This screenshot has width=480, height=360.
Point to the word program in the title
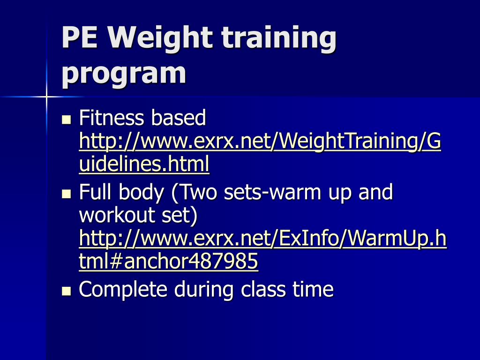tap(124, 74)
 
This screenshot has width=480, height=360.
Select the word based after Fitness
tap(178, 118)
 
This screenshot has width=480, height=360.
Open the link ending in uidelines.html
tap(144, 165)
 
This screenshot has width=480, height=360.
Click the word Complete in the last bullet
tap(123, 290)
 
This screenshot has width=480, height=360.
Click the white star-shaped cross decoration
tap(46, 97)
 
